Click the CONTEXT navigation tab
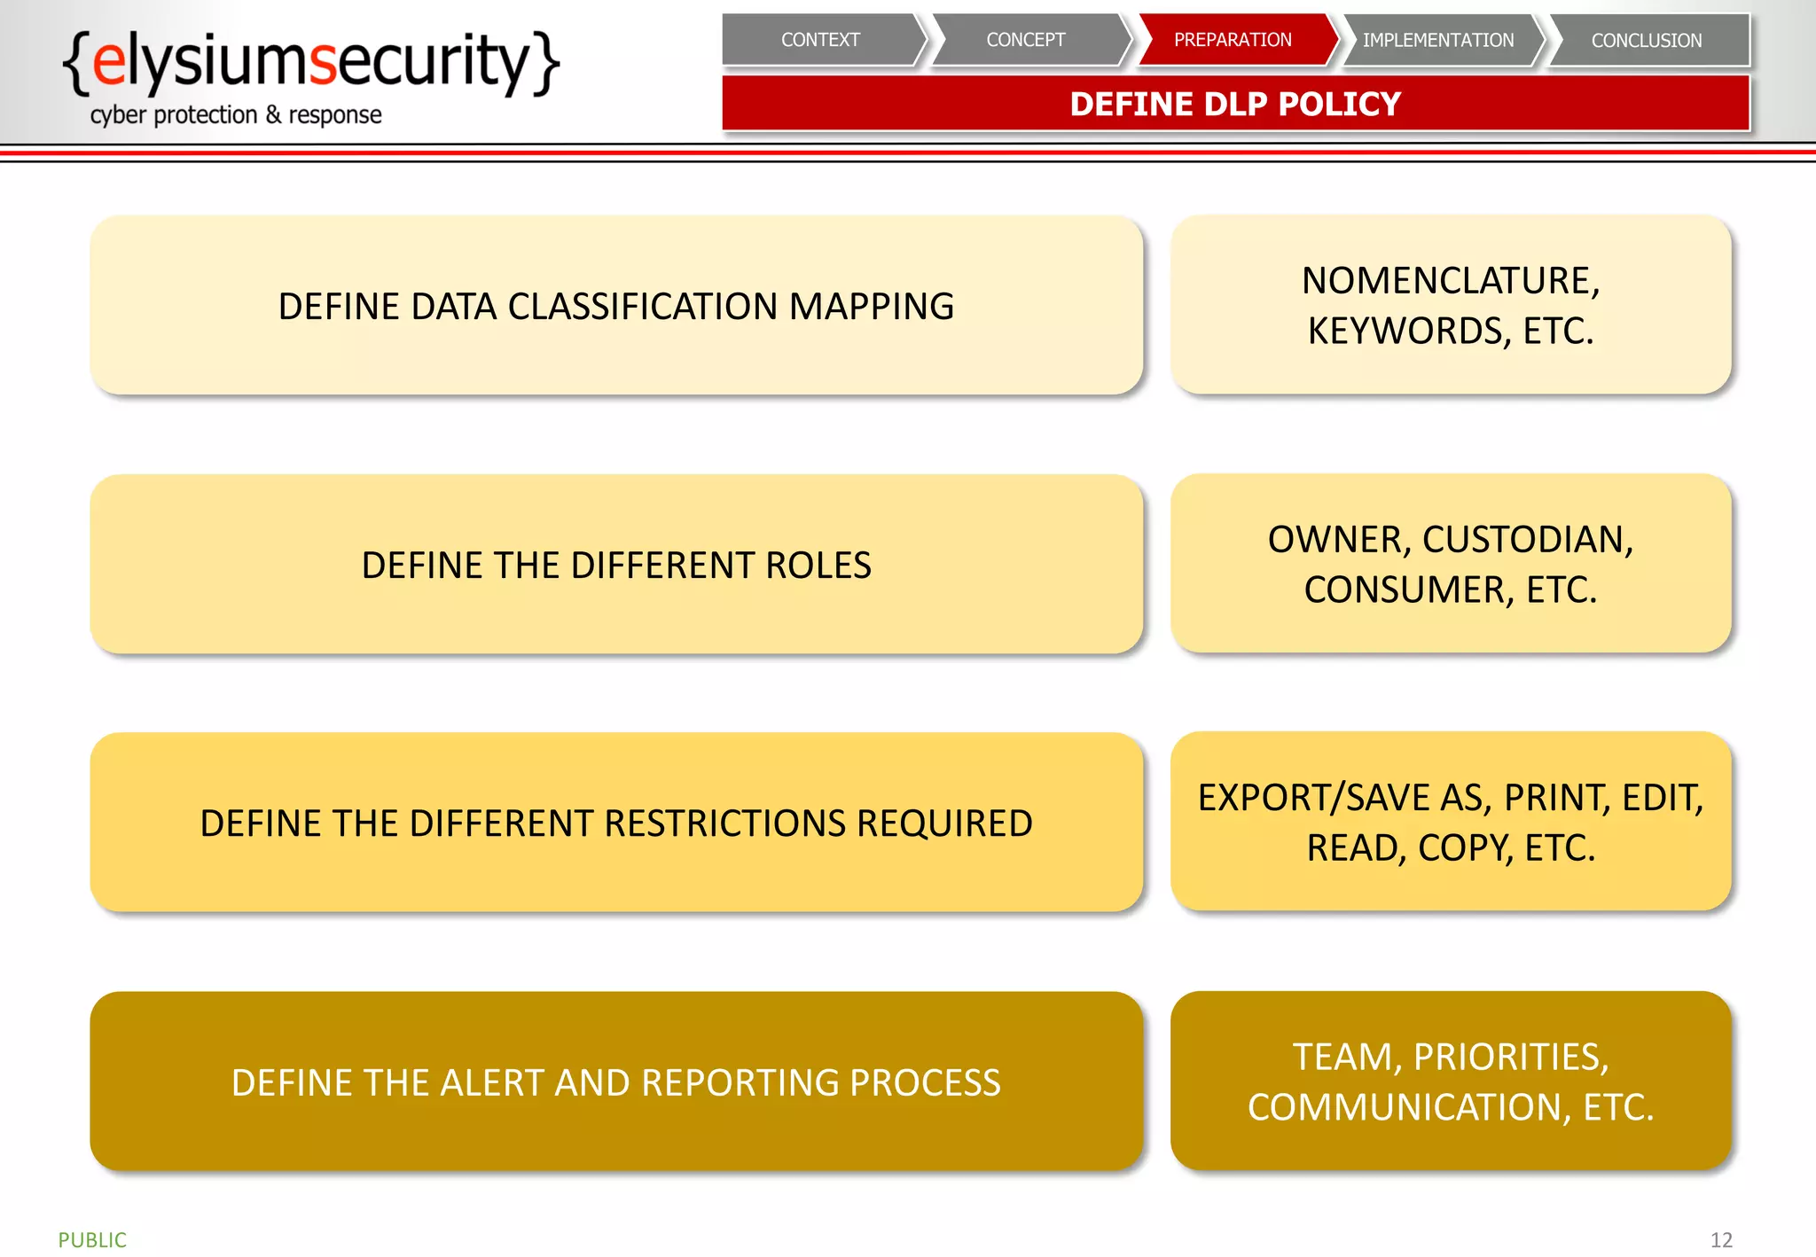(x=820, y=40)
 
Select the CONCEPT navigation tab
(x=1025, y=40)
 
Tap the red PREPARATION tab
(x=1233, y=40)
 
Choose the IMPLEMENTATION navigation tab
(x=1438, y=40)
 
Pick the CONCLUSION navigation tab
(x=1646, y=40)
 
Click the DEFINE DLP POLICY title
(x=1235, y=105)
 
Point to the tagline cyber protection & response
(x=236, y=115)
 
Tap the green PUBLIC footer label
(x=92, y=1239)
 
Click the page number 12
(x=1721, y=1239)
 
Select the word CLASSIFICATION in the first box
(x=644, y=307)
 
